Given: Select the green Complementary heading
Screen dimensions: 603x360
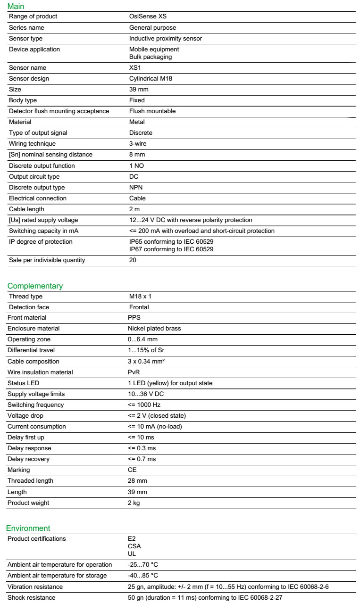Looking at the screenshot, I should click(35, 286).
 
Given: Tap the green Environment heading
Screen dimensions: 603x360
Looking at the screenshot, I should click(28, 528).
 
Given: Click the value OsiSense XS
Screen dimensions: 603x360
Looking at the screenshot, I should click(148, 17).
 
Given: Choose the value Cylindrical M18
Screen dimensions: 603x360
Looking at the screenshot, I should click(151, 79).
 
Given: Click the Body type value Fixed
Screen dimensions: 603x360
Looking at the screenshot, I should click(137, 100).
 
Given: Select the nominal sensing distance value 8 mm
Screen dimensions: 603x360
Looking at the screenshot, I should click(137, 155).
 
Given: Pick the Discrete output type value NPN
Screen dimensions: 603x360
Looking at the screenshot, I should click(136, 188).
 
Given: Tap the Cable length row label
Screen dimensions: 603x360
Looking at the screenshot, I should click(26, 209).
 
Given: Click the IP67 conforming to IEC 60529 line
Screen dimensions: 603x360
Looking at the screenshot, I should click(171, 249).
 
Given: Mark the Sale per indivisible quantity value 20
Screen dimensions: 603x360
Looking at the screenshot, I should click(133, 260).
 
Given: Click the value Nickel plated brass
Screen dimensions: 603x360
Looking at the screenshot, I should click(154, 329).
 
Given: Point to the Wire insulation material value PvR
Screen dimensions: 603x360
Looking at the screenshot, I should click(134, 372).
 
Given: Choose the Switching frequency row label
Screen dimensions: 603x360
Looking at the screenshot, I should click(35, 405).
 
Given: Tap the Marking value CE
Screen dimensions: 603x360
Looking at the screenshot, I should click(132, 470).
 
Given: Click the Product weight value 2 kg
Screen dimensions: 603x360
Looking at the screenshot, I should click(134, 503).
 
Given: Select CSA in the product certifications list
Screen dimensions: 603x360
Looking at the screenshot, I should click(134, 546).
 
